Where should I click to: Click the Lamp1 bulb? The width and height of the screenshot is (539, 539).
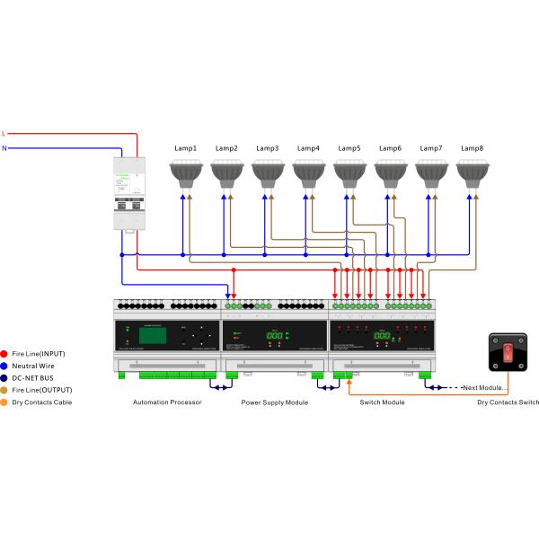187,171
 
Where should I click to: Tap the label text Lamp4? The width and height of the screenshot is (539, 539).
308,148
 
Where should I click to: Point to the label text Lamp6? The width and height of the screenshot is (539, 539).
390,148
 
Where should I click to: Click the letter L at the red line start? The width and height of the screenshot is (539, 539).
4,133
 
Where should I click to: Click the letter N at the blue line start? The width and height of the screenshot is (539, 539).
4,149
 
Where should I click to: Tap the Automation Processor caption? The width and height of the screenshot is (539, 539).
166,402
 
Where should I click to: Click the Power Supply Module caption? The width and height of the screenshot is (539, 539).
274,402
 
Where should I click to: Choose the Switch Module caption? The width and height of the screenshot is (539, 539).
383,402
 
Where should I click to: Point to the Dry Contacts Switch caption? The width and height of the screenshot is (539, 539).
508,402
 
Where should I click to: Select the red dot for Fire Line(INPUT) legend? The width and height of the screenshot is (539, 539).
5,354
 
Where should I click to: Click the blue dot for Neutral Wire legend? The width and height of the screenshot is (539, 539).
5,367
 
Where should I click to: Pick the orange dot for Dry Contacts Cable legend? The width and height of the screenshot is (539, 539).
5,402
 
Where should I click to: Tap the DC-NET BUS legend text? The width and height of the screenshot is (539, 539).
39,378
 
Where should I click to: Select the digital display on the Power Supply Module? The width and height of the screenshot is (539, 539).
275,336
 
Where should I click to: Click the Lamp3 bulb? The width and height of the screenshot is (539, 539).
269,171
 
